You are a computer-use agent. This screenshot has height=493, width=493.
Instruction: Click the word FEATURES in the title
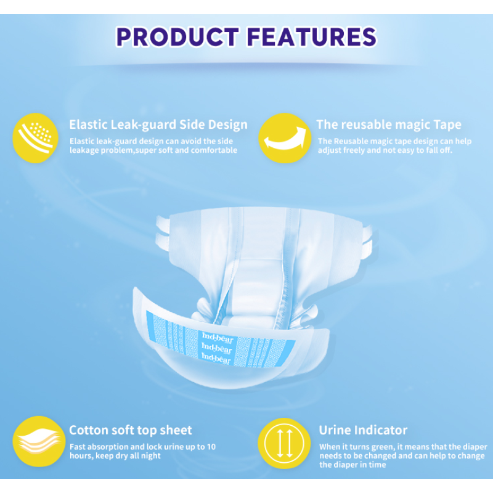coord(311,36)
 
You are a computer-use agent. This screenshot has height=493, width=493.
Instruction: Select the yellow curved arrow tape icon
coord(283,137)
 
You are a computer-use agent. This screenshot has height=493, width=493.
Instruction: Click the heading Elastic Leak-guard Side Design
coord(158,124)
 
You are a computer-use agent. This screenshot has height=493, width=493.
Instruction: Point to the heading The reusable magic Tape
coord(388,124)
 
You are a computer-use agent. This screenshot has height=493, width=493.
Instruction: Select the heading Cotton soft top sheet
coord(131,430)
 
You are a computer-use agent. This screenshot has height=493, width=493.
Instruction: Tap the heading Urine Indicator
coord(363,430)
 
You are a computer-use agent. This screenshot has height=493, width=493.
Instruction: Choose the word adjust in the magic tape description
coord(332,150)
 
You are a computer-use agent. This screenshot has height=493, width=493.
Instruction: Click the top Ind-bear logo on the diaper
coord(216,335)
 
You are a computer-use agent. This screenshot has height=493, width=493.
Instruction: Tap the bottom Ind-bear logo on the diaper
coord(216,357)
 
